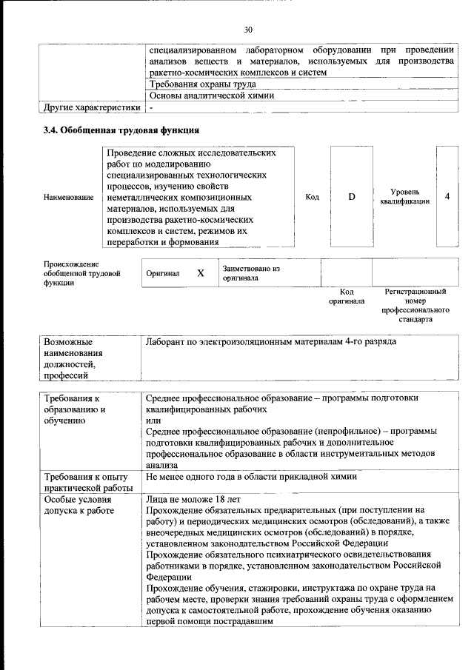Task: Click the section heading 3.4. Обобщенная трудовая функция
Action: [120, 130]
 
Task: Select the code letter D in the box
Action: [352, 196]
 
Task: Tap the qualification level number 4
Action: [447, 196]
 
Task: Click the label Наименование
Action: [69, 198]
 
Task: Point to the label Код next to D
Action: [312, 197]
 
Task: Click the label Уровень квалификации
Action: [404, 196]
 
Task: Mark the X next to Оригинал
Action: [200, 273]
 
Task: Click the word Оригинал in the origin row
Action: [163, 273]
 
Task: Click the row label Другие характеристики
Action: [92, 107]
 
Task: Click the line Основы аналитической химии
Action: [212, 96]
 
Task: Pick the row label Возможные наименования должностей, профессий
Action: [75, 359]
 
